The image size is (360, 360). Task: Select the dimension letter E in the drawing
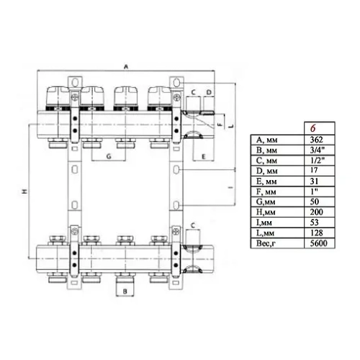point(204,156)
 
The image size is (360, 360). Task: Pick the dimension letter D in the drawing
point(208,93)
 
